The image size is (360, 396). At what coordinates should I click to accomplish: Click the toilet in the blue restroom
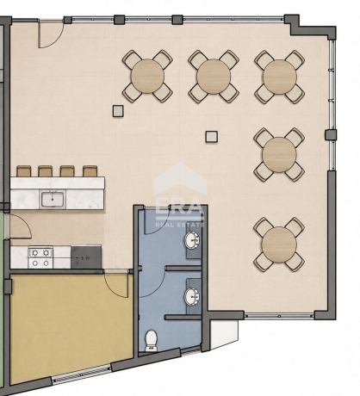point(151,341)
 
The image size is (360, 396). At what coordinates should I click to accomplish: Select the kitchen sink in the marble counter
point(53,199)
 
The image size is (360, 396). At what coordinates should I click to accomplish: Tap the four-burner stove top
point(40,257)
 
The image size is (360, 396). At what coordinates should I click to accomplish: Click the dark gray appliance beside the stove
point(86,257)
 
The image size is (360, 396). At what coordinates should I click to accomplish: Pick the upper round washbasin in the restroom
point(192,239)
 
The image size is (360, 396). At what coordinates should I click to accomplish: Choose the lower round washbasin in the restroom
point(192,296)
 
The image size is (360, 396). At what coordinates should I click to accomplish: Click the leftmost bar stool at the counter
point(24,171)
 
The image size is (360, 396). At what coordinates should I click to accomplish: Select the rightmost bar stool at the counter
point(90,171)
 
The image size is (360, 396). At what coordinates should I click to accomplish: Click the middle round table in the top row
point(214,76)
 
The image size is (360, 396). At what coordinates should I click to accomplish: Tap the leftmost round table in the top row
point(147,76)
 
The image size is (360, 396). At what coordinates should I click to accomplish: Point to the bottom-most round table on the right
point(279,244)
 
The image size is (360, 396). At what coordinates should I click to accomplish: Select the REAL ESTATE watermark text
point(180,225)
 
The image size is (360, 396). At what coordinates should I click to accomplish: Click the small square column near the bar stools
point(118,111)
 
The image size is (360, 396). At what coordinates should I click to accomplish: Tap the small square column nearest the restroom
point(212,136)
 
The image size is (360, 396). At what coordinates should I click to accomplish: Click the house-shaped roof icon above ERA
point(180,178)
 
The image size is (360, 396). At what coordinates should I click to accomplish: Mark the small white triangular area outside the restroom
point(223,333)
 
